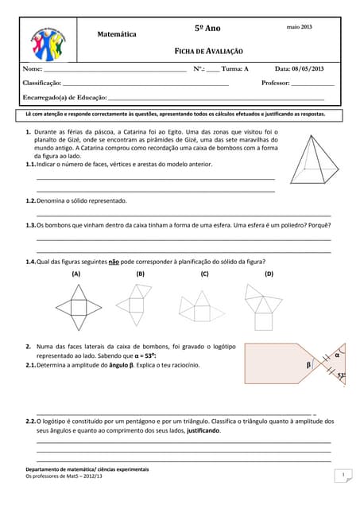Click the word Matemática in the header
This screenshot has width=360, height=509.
coord(116,35)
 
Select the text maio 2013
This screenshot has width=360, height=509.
coord(299,28)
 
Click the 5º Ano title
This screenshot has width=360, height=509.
coord(207,29)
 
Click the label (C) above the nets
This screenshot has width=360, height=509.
coord(204,274)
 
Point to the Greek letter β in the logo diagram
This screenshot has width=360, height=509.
coord(309,365)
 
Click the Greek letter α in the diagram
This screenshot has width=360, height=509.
coord(337,356)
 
